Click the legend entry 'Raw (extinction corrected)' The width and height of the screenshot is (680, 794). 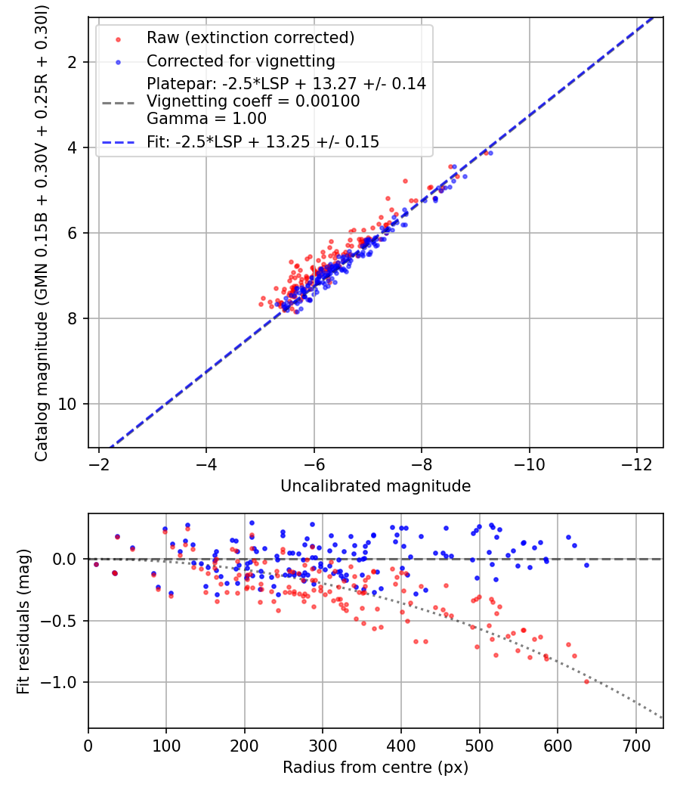click(250, 38)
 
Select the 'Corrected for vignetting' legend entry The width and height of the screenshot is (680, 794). click(240, 60)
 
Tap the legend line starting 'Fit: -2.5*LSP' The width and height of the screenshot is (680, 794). click(263, 141)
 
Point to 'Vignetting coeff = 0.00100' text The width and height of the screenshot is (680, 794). click(253, 101)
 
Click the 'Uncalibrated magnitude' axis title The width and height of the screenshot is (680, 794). click(376, 486)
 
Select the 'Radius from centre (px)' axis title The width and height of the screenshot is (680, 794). click(376, 768)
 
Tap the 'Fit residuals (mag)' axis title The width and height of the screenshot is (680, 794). click(23, 620)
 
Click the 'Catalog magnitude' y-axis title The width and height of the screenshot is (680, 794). click(42, 233)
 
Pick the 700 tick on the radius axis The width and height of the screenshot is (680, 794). click(635, 744)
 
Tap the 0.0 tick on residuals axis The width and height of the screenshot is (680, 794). click(67, 559)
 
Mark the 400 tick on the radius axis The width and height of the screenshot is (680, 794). click(401, 744)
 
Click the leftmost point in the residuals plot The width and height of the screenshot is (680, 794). click(96, 564)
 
